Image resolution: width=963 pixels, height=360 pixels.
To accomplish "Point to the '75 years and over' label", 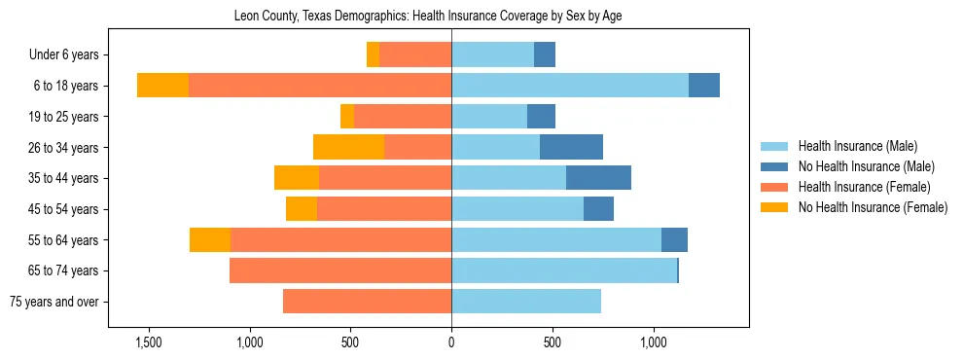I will point(53,302).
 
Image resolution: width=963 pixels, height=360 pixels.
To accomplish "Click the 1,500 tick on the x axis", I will point(149,342).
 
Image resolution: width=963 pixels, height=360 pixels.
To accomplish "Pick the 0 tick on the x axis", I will point(451,342).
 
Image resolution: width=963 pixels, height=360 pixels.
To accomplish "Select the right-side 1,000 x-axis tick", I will point(653,342).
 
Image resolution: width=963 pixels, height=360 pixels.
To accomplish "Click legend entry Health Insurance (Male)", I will point(857,146).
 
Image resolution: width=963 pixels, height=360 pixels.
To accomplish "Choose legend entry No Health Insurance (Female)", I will point(873,207).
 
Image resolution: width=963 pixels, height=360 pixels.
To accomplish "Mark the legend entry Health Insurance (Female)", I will point(864,187).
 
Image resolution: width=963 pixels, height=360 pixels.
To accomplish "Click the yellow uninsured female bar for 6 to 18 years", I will point(162,86).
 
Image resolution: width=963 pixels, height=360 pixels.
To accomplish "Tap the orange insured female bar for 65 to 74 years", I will point(340,270).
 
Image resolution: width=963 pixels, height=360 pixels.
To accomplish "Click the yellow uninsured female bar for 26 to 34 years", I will point(348,147).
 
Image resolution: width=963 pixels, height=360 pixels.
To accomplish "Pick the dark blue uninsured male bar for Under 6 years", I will point(545,54).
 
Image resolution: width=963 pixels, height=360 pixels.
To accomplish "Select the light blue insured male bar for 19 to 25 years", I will point(489,117).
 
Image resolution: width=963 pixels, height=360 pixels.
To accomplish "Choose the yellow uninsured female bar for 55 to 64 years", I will point(210,239).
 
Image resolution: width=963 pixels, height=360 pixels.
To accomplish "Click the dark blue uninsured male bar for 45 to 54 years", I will point(598,209).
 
